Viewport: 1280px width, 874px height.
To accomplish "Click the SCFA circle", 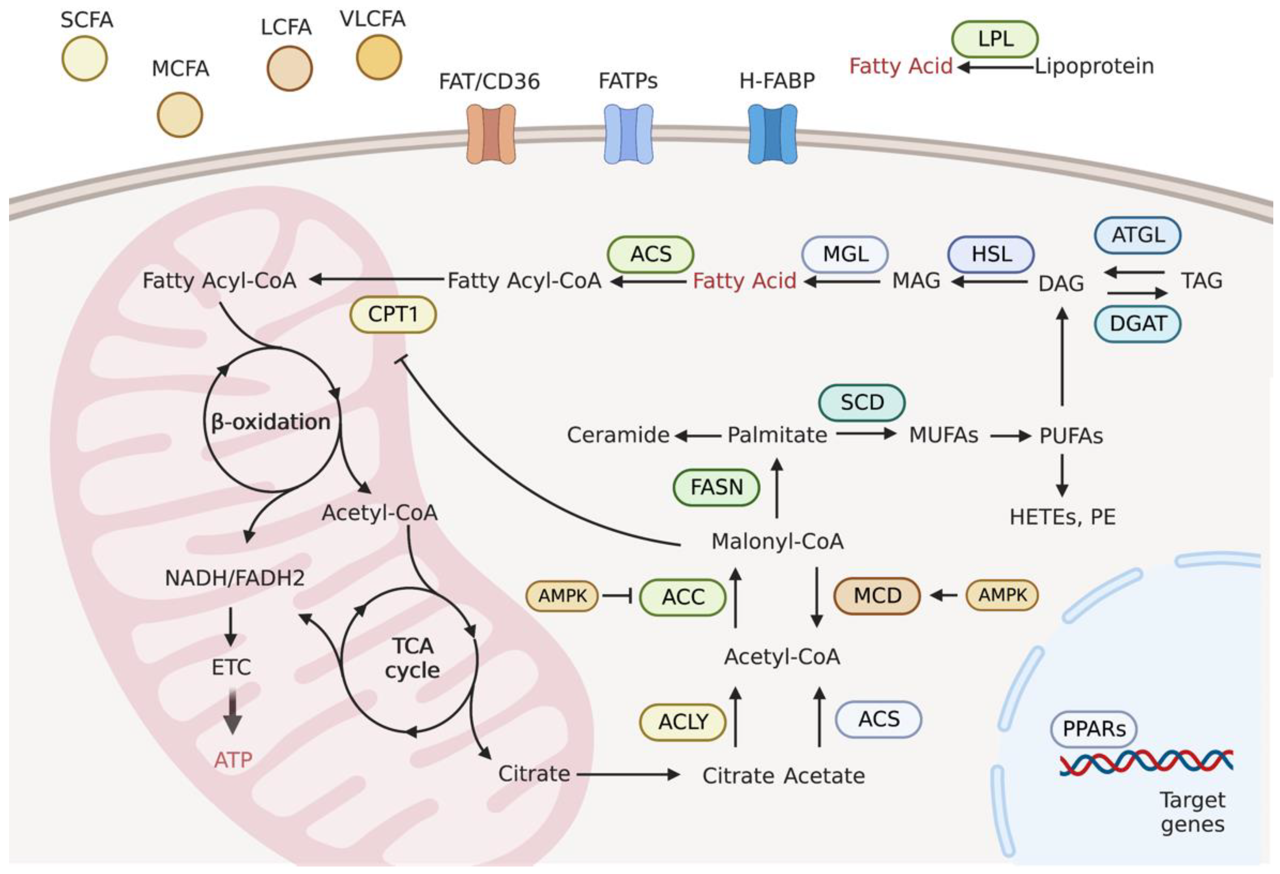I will pos(84,58).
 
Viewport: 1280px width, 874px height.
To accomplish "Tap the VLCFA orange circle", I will pos(378,57).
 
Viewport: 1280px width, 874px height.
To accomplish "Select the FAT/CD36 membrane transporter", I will pos(491,134).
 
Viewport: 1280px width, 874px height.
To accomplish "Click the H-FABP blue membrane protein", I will pos(772,134).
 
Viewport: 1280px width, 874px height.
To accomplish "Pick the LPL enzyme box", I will pos(995,39).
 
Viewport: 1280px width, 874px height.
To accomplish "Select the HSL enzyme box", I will pos(991,254).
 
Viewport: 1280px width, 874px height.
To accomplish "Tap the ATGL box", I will pos(1137,235).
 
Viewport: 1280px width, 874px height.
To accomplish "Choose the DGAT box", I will pos(1137,323).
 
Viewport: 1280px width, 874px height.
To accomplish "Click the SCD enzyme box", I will pos(862,403).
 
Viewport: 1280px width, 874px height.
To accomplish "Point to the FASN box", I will pos(717,487).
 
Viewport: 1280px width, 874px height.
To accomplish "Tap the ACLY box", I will pos(683,722).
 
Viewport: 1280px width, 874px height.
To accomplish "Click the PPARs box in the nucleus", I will pos(1094,729).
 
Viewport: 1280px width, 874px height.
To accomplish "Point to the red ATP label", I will pos(233,760).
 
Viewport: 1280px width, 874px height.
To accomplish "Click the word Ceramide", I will pos(618,435).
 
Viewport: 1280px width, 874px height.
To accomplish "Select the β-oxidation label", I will pos(271,422).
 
